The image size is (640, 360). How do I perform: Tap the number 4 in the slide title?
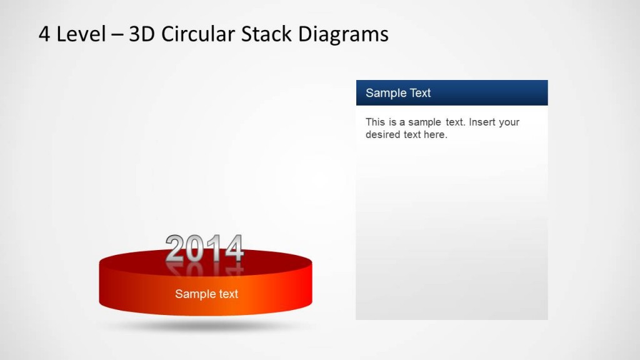(x=44, y=34)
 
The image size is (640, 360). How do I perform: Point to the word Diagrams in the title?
(x=342, y=34)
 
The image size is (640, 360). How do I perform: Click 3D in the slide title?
(x=142, y=34)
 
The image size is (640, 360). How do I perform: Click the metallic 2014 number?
(x=204, y=249)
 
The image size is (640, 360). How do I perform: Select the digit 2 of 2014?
(x=176, y=249)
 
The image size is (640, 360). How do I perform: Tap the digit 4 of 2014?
(x=234, y=249)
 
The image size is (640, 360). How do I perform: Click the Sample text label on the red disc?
(x=206, y=294)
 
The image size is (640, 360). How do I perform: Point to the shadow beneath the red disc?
(x=206, y=326)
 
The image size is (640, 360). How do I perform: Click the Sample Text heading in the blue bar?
(x=398, y=93)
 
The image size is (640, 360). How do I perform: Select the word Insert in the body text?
(x=482, y=122)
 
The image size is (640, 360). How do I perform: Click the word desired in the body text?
(x=383, y=134)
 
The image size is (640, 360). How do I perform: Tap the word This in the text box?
(x=376, y=122)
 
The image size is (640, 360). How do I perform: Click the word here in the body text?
(x=434, y=134)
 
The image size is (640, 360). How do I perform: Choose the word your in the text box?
(x=509, y=122)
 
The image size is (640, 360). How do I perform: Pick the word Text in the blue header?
(x=419, y=93)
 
